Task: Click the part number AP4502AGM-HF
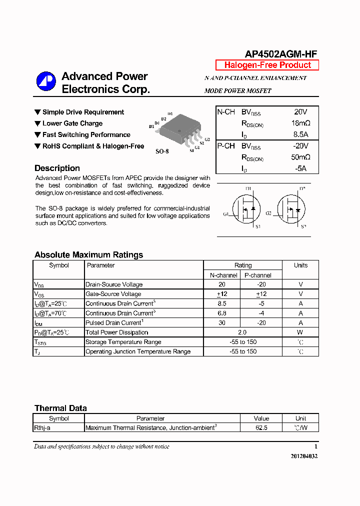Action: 281,54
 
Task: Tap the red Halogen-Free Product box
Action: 267,65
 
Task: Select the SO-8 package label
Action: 162,151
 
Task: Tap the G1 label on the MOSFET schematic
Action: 226,214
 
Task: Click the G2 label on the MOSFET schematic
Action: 268,213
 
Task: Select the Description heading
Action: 57,168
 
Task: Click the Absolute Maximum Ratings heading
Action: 88,255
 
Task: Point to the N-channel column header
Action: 223,275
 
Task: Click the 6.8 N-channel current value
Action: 222,313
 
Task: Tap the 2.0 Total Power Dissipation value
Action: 242,332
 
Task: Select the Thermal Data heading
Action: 60,408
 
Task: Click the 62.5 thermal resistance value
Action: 261,428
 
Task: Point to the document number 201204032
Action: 304,456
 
